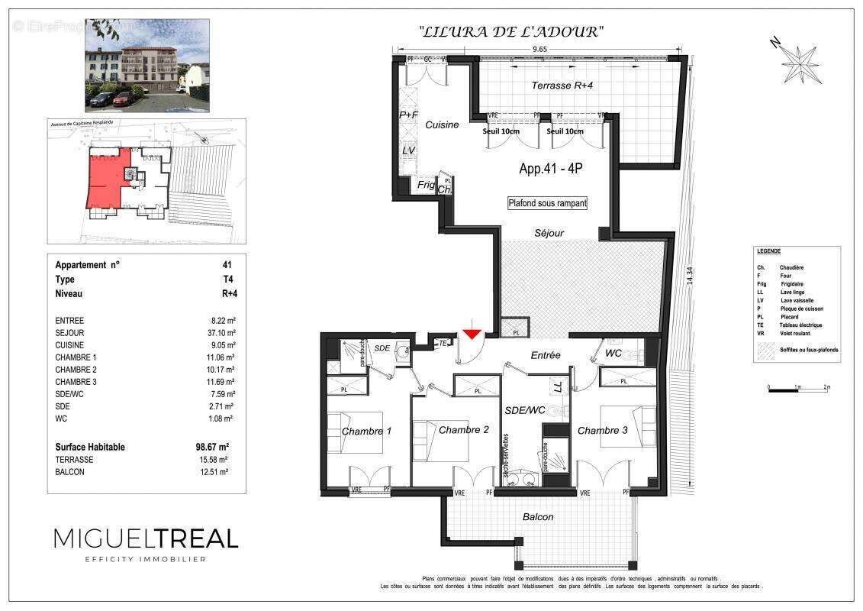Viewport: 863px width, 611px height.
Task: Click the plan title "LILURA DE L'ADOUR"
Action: (x=511, y=31)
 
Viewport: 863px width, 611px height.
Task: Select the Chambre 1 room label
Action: (x=366, y=432)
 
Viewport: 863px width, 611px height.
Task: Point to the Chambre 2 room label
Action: (x=463, y=430)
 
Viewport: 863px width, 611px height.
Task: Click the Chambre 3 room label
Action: (x=602, y=431)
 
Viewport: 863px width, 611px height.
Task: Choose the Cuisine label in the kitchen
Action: (x=442, y=125)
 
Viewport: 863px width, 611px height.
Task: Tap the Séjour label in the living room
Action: (x=549, y=233)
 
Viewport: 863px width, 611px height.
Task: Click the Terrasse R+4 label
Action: (x=562, y=86)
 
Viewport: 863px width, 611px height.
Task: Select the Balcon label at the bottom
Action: (x=538, y=517)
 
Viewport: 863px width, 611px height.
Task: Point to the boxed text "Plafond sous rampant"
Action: (x=548, y=203)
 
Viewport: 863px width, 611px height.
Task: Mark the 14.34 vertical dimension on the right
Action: (x=690, y=275)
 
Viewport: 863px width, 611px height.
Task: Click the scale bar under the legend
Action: (x=798, y=390)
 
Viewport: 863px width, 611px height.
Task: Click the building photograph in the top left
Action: (x=147, y=65)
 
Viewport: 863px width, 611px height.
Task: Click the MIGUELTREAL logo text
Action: (x=146, y=538)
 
